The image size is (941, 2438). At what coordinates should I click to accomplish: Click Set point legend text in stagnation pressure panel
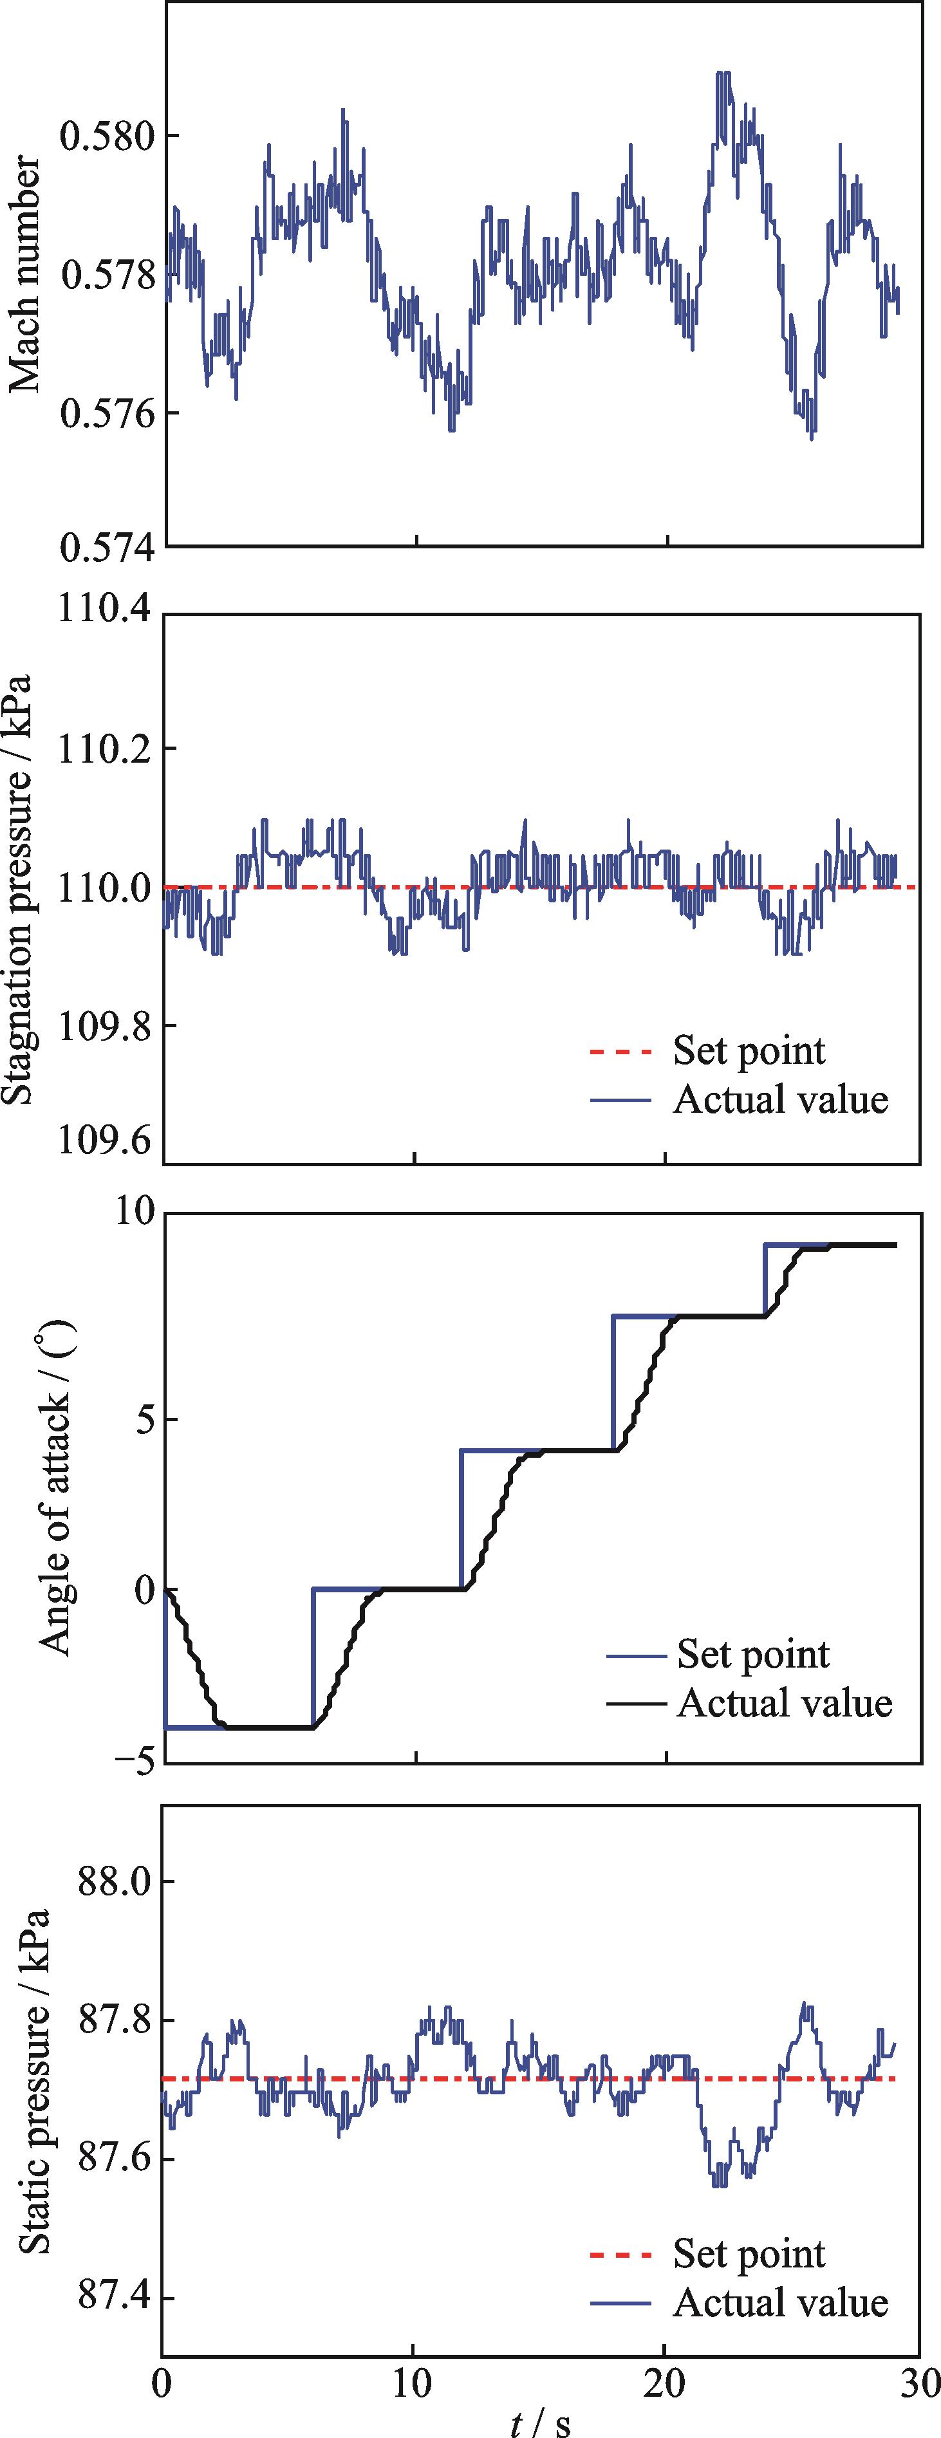coord(749,1050)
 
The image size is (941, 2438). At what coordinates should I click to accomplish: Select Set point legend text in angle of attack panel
coord(752,1653)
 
